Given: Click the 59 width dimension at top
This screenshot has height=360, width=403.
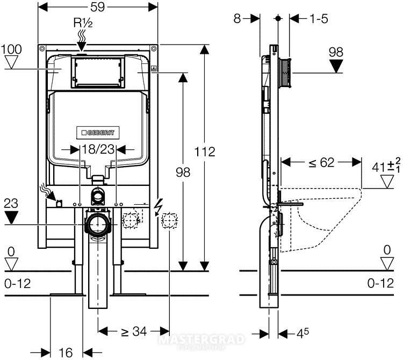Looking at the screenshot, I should click(98, 8).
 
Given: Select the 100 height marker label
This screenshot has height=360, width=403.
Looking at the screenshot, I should click(11, 49).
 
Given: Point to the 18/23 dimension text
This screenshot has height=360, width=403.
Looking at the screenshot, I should click(97, 149).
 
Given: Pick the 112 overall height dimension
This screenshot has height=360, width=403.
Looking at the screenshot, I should click(205, 152).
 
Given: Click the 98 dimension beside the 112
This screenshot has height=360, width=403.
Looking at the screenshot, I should click(183, 171).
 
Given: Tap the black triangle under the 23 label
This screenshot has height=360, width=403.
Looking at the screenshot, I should click(11, 218).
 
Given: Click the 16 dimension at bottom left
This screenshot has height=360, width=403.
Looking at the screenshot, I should click(66, 352).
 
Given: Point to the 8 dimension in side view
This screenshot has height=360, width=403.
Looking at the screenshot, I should click(238, 18).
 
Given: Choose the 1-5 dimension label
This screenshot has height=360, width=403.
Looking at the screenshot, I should click(319, 18).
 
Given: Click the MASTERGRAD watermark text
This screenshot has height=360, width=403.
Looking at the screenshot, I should click(201, 339).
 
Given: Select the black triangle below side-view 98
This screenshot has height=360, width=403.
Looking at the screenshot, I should click(336, 66).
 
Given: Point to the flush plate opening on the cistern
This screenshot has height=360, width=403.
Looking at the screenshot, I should click(97, 71).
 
